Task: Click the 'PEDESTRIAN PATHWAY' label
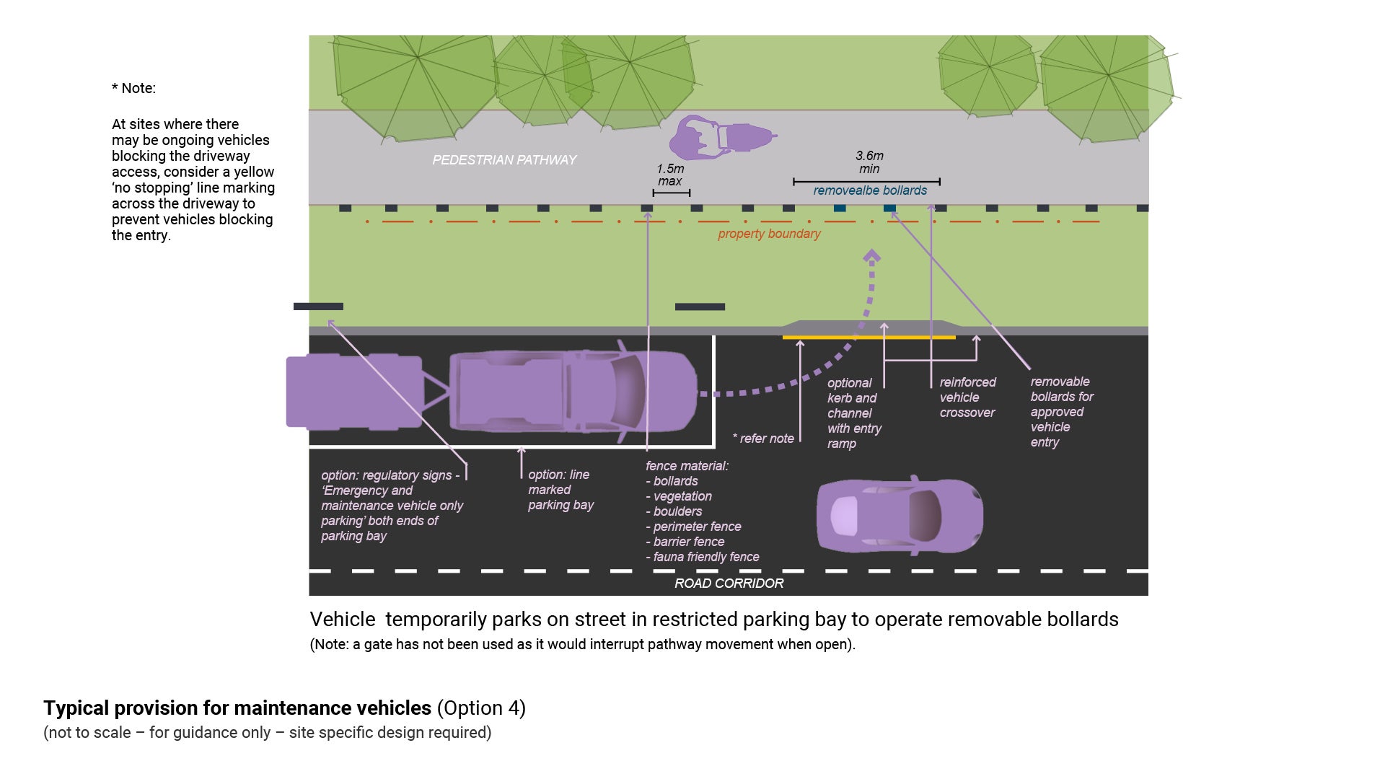[x=504, y=159]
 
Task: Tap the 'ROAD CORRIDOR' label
[x=729, y=583]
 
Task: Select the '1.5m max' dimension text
[x=670, y=175]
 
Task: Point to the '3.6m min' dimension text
[x=869, y=162]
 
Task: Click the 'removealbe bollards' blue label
[x=870, y=190]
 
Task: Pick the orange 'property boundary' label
[x=769, y=234]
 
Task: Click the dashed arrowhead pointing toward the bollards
[x=872, y=256]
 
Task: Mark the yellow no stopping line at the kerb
[x=869, y=337]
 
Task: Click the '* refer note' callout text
[x=763, y=439]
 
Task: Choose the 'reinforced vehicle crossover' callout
[x=967, y=397]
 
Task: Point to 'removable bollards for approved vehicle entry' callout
[x=1061, y=412]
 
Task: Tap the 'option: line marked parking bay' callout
[x=560, y=490]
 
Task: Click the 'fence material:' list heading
[x=687, y=466]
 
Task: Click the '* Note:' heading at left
[x=133, y=88]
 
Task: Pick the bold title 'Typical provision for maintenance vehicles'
[x=237, y=708]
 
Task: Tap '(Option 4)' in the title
[x=481, y=708]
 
